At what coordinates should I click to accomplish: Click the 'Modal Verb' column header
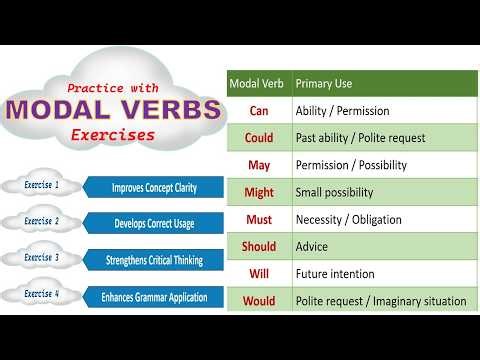pos(259,84)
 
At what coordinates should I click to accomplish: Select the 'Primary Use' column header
pos(324,84)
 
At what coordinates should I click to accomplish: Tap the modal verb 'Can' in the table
pos(259,111)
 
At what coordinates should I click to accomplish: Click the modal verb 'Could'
pos(259,138)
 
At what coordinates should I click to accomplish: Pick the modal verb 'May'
pos(259,165)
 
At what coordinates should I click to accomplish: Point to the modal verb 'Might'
pos(259,192)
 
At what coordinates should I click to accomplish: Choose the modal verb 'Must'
pos(259,219)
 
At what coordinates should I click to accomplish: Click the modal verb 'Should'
pos(259,246)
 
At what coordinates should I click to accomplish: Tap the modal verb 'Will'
pos(259,273)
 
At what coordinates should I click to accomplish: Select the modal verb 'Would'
pos(259,300)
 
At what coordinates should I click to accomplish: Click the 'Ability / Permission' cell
pos(342,111)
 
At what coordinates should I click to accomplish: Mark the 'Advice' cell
pos(313,246)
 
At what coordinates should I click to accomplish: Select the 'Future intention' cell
pos(335,273)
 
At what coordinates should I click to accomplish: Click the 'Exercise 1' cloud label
pos(42,185)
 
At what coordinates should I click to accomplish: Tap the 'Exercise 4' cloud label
pos(42,296)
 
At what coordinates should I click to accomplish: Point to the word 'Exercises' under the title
pos(120,134)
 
